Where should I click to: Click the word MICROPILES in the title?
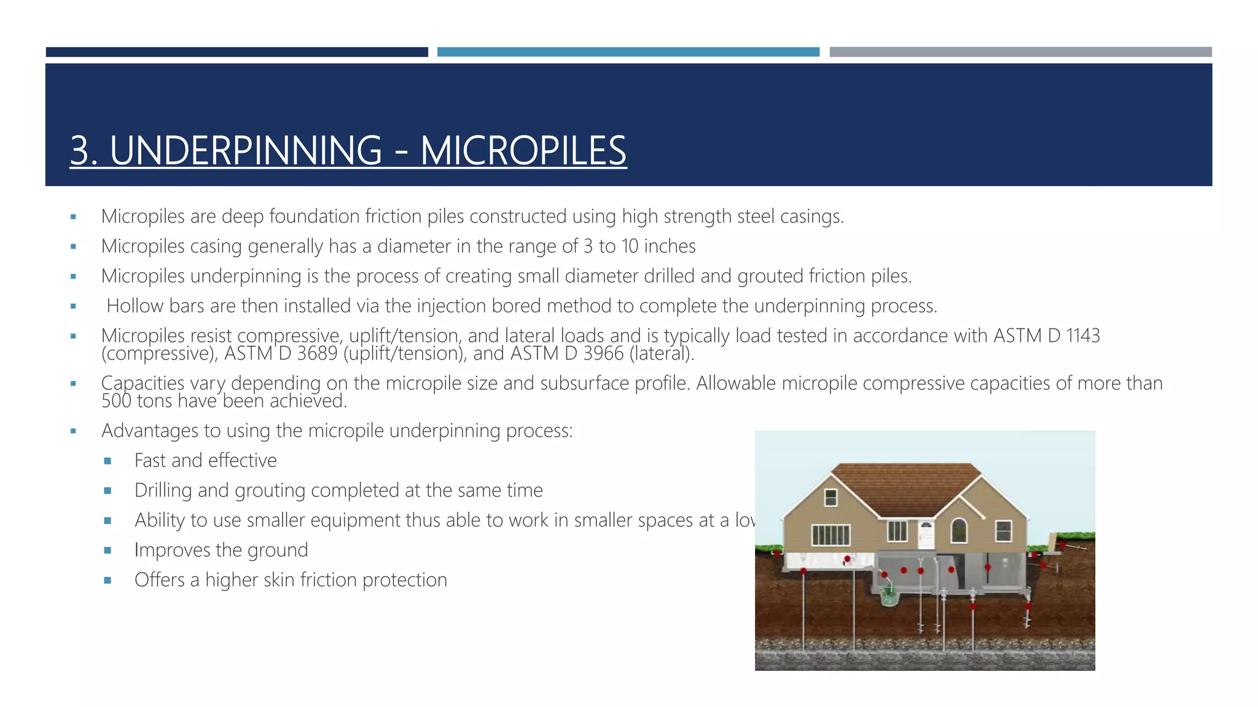pos(523,150)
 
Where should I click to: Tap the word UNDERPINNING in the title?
pos(246,150)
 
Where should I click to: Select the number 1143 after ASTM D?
pos(1082,336)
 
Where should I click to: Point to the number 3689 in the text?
pos(317,353)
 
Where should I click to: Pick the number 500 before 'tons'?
pos(116,401)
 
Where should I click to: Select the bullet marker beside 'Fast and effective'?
pos(108,461)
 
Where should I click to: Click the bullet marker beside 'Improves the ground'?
pos(108,551)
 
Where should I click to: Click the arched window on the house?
pos(959,530)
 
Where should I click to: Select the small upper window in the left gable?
pos(830,496)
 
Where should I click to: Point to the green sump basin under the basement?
pos(888,595)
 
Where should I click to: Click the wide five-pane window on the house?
pos(830,535)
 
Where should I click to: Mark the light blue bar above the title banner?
pos(628,52)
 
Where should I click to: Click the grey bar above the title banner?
pos(1020,52)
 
